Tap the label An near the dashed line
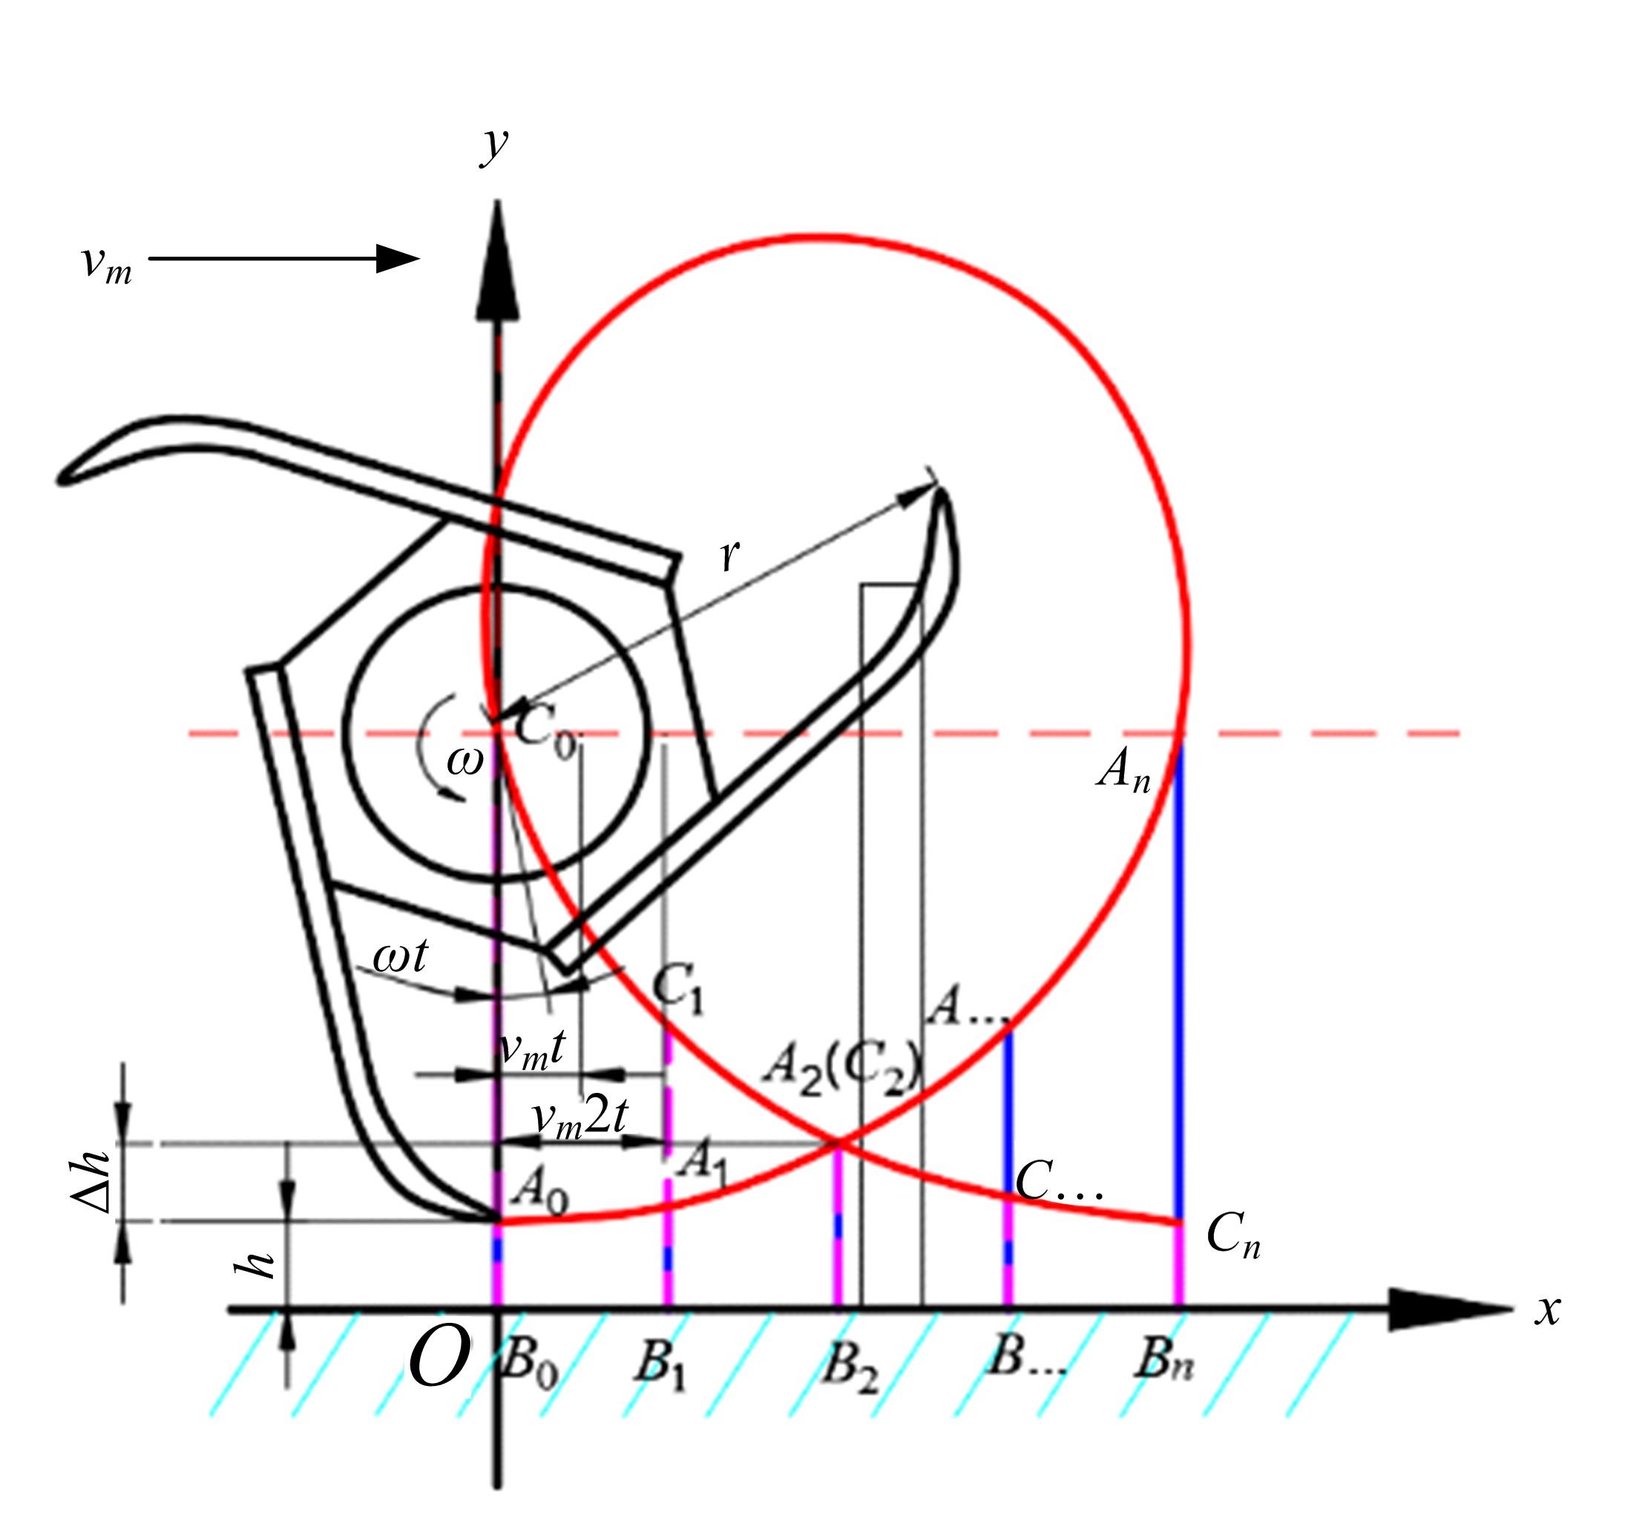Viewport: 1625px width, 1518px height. [x=1124, y=771]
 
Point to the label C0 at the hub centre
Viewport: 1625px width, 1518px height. [x=546, y=730]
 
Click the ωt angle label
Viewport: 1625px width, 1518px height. [x=400, y=955]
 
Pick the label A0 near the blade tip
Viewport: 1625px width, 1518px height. [x=540, y=1190]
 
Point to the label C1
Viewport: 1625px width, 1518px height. [x=677, y=989]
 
